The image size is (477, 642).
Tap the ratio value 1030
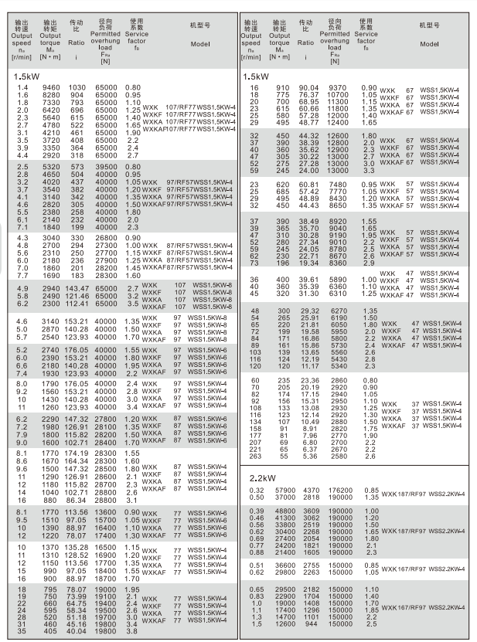click(76, 89)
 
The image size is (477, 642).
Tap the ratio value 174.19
click(78, 453)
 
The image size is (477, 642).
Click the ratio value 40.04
click(78, 630)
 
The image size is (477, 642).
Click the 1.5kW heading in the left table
click(26, 76)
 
